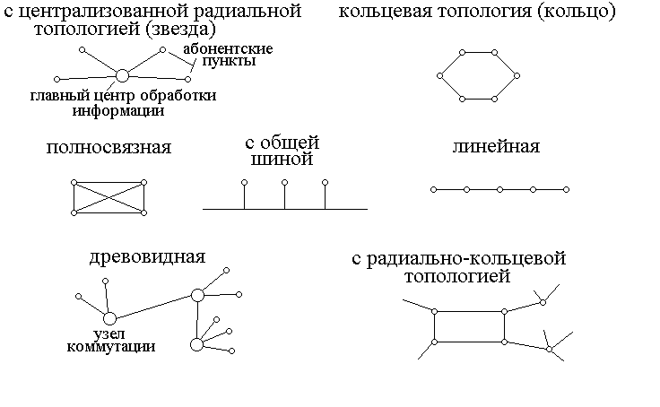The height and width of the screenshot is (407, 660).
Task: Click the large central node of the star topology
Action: click(x=122, y=74)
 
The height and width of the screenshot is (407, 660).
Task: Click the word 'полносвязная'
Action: click(x=109, y=147)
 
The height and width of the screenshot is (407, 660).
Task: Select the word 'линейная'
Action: click(x=496, y=146)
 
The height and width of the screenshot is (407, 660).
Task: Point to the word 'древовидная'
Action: click(x=148, y=257)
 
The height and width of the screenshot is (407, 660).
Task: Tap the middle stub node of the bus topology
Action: click(x=284, y=183)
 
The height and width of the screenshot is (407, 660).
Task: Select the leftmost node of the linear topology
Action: click(x=433, y=190)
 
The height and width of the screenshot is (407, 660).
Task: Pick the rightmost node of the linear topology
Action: click(x=567, y=190)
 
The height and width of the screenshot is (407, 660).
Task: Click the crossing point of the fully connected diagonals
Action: click(x=109, y=197)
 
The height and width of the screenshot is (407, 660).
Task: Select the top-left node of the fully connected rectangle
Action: click(x=74, y=183)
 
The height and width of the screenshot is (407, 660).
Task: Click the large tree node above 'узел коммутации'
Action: click(x=109, y=317)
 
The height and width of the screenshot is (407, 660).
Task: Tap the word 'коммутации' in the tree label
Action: click(x=110, y=347)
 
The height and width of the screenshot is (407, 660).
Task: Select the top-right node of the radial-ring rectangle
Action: click(x=504, y=311)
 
